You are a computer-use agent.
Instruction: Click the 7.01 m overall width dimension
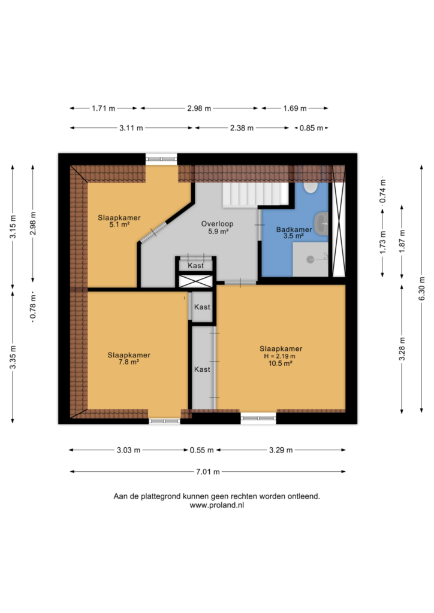(208, 472)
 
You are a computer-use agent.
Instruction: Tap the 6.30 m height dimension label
(421, 289)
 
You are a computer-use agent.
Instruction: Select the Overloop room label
(217, 224)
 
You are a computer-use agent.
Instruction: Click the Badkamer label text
(294, 229)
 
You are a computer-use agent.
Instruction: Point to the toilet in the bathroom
(311, 187)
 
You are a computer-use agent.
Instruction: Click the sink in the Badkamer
(321, 224)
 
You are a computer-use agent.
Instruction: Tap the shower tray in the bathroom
(311, 259)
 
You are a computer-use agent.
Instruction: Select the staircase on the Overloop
(255, 195)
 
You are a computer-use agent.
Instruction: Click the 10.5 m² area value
(280, 363)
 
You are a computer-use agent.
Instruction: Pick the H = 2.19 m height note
(279, 356)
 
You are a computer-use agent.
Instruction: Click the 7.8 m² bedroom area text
(129, 362)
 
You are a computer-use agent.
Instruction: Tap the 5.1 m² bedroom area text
(119, 225)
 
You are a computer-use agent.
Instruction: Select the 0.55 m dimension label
(202, 450)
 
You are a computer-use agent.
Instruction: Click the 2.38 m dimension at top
(242, 128)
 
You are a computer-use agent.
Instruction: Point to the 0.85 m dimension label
(312, 128)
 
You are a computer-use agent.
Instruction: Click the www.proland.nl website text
(217, 505)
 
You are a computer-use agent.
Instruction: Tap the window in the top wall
(161, 159)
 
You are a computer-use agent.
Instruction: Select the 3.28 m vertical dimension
(402, 348)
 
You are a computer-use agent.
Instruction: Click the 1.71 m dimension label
(103, 108)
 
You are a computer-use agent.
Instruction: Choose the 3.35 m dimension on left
(13, 357)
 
